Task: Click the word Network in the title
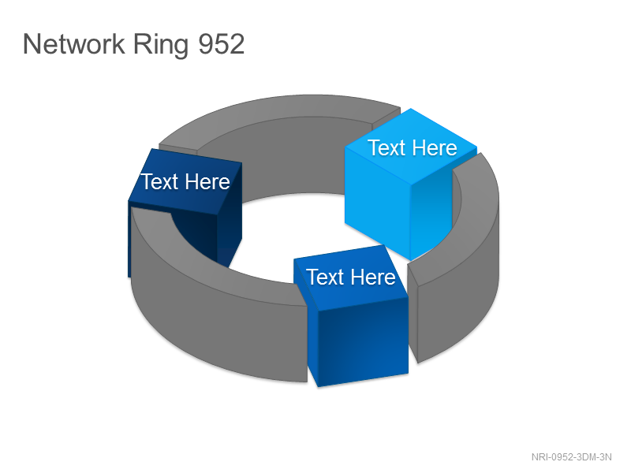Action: pyautogui.click(x=74, y=44)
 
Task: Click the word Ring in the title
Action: pyautogui.click(x=161, y=45)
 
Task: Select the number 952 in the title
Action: pyautogui.click(x=222, y=44)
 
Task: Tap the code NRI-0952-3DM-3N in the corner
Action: pyautogui.click(x=571, y=457)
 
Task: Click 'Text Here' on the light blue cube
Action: pyautogui.click(x=413, y=147)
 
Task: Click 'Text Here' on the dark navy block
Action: pyautogui.click(x=185, y=181)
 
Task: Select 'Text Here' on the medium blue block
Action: pyautogui.click(x=351, y=277)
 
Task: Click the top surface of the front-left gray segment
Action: pyautogui.click(x=201, y=262)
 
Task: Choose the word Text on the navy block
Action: pyautogui.click(x=159, y=181)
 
